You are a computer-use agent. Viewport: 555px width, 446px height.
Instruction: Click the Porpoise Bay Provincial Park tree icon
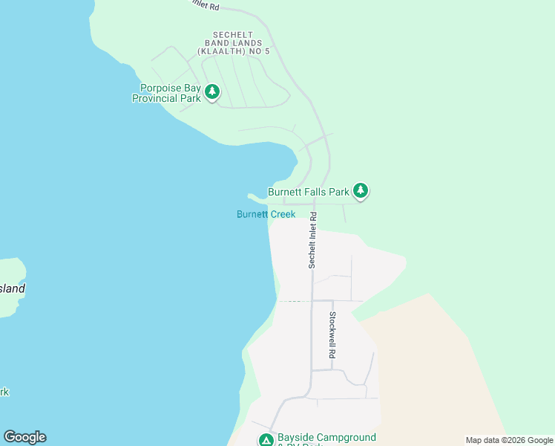point(213,92)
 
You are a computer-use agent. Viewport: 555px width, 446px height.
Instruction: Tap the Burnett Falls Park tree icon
point(361,191)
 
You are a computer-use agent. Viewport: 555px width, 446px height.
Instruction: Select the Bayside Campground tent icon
point(266,440)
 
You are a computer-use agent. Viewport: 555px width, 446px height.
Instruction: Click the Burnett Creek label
point(266,214)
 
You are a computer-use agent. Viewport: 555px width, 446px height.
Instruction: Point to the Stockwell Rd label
point(333,335)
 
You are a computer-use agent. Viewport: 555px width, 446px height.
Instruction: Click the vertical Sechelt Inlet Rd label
point(313,240)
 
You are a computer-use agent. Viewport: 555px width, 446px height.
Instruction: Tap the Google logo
point(24,437)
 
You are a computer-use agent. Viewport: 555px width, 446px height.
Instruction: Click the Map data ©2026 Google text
point(508,440)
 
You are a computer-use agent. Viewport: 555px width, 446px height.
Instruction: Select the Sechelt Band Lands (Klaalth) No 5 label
point(233,43)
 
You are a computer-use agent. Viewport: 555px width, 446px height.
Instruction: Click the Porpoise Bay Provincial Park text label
point(166,93)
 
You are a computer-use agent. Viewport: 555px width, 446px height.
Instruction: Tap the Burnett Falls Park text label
point(308,191)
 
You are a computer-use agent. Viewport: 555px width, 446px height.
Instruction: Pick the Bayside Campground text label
point(326,438)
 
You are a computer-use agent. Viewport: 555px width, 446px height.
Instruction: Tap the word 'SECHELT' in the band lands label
point(233,35)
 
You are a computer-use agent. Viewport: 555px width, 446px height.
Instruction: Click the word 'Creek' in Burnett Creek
point(283,214)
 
